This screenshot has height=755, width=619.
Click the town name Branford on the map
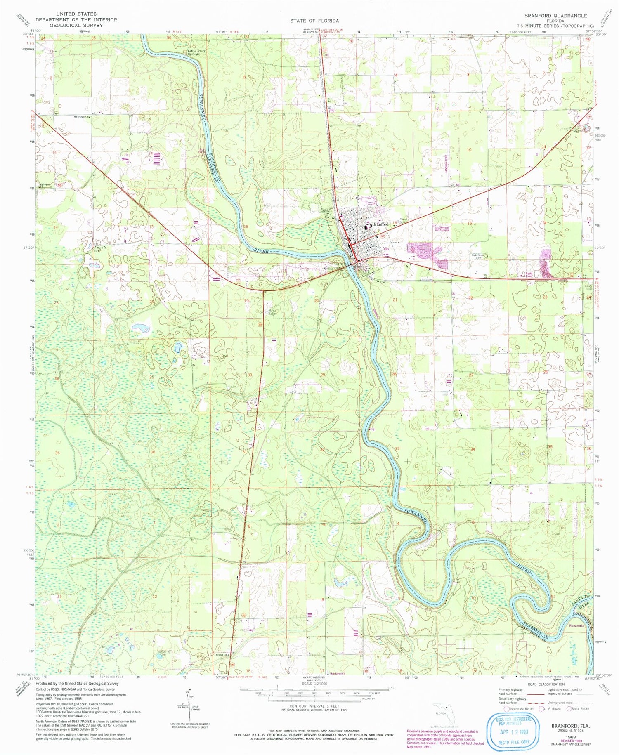coord(380,224)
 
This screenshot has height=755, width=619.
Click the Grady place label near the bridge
coord(328,268)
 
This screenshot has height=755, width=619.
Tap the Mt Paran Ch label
coord(81,117)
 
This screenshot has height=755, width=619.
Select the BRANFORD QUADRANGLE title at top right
coord(555,15)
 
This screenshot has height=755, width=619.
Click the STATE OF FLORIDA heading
coord(314,21)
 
